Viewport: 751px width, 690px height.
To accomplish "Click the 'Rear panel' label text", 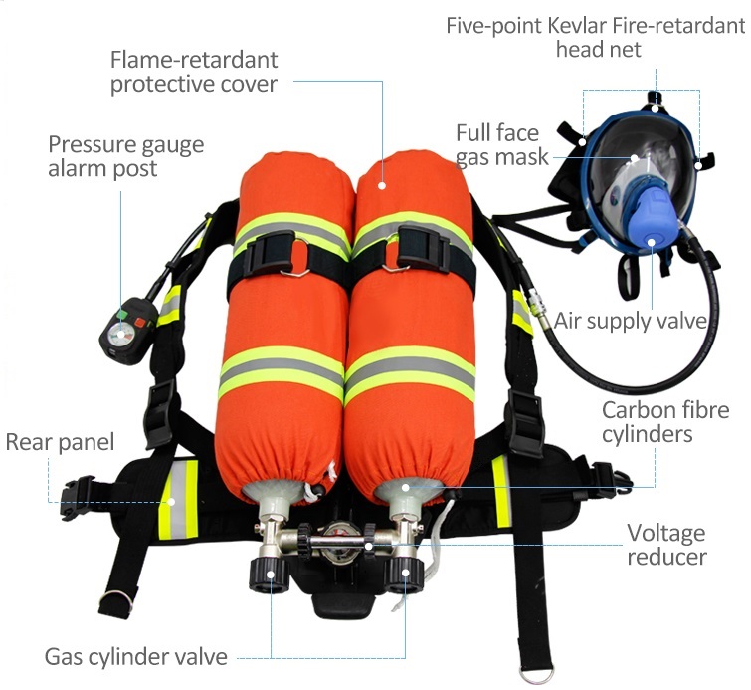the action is (x=60, y=442).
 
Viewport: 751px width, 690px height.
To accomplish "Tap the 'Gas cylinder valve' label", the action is (x=136, y=657).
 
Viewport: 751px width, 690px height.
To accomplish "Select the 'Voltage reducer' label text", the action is (x=666, y=545).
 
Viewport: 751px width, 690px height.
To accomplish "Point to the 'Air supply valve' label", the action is (x=631, y=321).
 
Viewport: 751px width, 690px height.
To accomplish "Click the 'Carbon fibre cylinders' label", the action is (x=665, y=422).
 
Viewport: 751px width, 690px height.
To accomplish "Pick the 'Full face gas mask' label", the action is (x=501, y=144).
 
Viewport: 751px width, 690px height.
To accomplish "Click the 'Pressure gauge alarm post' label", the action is (x=126, y=156).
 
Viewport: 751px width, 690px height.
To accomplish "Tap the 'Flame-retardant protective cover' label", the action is (x=194, y=72).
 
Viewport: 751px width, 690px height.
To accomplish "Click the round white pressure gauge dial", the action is (x=120, y=335).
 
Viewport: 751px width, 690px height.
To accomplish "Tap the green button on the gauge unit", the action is (x=121, y=315).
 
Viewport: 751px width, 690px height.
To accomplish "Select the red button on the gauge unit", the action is (x=139, y=322).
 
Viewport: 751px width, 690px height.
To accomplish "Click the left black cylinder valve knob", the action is (x=270, y=575).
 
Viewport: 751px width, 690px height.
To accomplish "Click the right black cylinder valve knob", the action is (x=404, y=574).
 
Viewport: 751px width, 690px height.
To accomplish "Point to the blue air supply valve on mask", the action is (x=651, y=212).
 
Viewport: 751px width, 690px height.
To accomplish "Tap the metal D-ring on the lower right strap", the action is (x=536, y=675).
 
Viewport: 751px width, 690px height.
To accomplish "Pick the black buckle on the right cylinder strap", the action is (x=422, y=248).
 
